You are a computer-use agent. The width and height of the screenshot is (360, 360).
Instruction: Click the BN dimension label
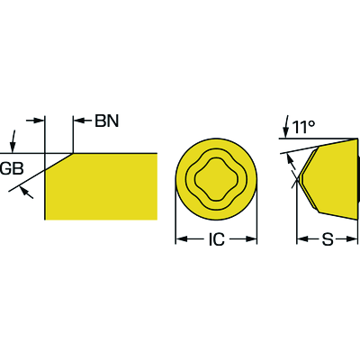tap(107, 121)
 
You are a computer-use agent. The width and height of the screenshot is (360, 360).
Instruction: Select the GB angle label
tap(12, 168)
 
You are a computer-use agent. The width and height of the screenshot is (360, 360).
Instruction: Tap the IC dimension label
tap(216, 239)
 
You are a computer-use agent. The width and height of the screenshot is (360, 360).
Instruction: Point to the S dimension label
tap(328, 239)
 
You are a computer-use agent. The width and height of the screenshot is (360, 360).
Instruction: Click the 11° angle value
tap(303, 128)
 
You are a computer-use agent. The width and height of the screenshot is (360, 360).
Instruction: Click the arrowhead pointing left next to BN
tap(78, 121)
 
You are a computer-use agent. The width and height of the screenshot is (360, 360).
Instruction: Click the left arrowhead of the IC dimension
tap(182, 239)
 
